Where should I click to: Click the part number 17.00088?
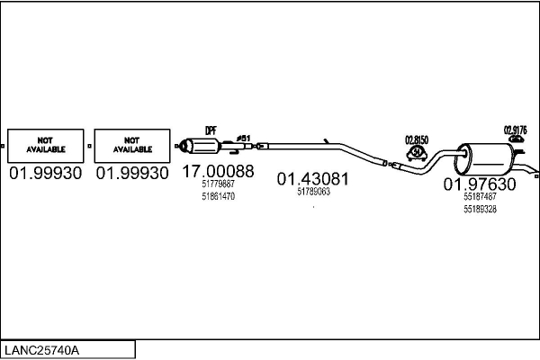[x=218, y=171]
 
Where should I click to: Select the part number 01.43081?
[x=312, y=178]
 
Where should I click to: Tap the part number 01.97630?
[x=480, y=184]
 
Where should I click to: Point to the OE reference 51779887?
[x=218, y=184]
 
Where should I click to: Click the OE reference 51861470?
[x=218, y=195]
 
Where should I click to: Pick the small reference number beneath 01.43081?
[x=313, y=191]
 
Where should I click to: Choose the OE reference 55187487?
[x=480, y=197]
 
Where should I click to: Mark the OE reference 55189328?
[x=480, y=209]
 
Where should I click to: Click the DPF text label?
[x=211, y=130]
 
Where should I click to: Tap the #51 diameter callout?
[x=243, y=138]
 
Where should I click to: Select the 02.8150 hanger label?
[x=417, y=139]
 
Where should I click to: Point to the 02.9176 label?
[x=515, y=130]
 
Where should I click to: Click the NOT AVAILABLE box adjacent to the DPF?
[x=131, y=144]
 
